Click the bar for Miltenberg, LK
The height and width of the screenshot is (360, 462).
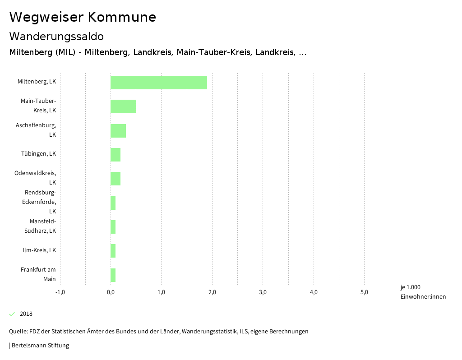pyautogui.click(x=159, y=83)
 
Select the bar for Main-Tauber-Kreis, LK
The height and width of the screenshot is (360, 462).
pyautogui.click(x=123, y=106)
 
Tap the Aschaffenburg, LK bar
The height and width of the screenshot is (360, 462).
pyautogui.click(x=118, y=131)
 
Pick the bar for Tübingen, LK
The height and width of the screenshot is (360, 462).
pyautogui.click(x=115, y=155)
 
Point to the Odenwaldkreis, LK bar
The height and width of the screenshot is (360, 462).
pyautogui.click(x=115, y=179)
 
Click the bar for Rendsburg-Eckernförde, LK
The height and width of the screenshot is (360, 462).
pyautogui.click(x=113, y=203)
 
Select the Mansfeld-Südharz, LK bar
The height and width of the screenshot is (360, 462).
pyautogui.click(x=113, y=227)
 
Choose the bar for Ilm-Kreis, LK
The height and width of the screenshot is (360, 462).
pyautogui.click(x=113, y=251)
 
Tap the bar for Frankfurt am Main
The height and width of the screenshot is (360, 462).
pyautogui.click(x=113, y=275)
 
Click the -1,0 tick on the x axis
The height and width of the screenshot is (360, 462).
pyautogui.click(x=60, y=292)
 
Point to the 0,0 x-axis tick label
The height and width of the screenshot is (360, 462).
pyautogui.click(x=111, y=292)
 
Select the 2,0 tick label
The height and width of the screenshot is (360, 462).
pyautogui.click(x=212, y=292)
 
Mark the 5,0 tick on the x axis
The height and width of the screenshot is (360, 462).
pyautogui.click(x=364, y=292)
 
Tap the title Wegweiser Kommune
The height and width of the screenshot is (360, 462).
pyautogui.click(x=83, y=17)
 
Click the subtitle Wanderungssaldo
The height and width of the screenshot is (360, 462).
pyautogui.click(x=56, y=36)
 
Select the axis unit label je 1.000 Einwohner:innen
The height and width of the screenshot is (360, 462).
pyautogui.click(x=423, y=292)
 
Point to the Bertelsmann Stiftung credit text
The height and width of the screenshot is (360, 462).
pyautogui.click(x=39, y=346)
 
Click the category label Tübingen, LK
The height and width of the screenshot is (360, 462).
pyautogui.click(x=38, y=154)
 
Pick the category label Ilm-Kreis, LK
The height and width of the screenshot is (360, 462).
pyautogui.click(x=39, y=250)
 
